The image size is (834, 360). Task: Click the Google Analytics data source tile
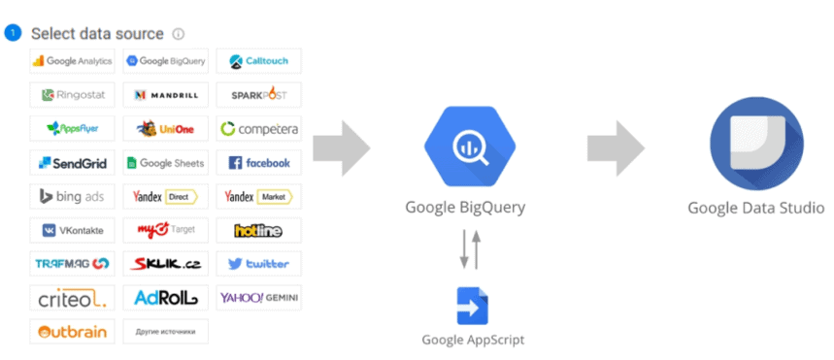tap(73, 61)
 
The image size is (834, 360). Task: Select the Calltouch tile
tap(258, 61)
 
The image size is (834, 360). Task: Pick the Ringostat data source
tap(73, 95)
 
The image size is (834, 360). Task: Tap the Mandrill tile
tap(166, 95)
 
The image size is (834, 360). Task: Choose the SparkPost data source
tap(258, 95)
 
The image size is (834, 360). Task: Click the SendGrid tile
tap(73, 162)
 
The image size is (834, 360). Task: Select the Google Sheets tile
tap(166, 162)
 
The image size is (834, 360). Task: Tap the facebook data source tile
tap(258, 162)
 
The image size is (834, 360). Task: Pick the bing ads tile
tap(73, 196)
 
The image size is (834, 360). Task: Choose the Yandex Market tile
tap(258, 196)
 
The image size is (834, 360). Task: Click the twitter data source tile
tap(258, 263)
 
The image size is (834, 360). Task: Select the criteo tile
tap(73, 297)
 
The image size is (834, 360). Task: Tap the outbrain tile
tap(73, 331)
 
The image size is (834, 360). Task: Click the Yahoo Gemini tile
tap(258, 297)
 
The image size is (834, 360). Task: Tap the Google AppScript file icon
tap(472, 307)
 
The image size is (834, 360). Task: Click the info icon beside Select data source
tap(179, 34)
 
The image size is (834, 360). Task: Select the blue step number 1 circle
tap(14, 34)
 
